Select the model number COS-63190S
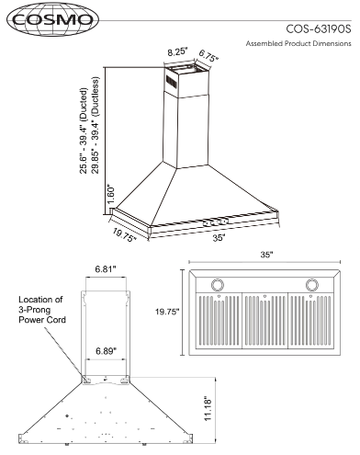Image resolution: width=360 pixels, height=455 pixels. [x=319, y=28]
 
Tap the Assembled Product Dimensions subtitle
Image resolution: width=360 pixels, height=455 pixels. [x=298, y=43]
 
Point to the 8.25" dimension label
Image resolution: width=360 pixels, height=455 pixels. [x=177, y=51]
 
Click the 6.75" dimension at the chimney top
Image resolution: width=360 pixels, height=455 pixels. [x=208, y=56]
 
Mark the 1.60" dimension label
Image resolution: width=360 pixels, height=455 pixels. [x=110, y=194]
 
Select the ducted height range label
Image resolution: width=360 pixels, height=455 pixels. [x=84, y=131]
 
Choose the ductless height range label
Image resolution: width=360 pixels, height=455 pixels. [x=96, y=125]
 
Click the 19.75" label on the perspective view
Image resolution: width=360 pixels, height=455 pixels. [x=124, y=235]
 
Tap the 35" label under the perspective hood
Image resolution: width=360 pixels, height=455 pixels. [x=219, y=238]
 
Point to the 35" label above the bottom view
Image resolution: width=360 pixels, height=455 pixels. [x=266, y=255]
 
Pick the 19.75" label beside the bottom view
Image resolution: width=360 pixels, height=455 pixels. [x=167, y=312]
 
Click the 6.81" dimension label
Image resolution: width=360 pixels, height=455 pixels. [x=106, y=269]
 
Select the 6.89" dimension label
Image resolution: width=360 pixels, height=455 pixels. [x=106, y=351]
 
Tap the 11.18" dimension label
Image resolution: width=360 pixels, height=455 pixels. [x=208, y=407]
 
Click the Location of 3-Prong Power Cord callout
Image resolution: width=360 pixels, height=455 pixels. [x=42, y=310]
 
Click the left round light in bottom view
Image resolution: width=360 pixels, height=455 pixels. [x=218, y=285]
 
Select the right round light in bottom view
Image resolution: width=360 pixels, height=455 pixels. [x=312, y=285]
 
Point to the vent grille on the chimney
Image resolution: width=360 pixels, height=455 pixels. [x=171, y=82]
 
